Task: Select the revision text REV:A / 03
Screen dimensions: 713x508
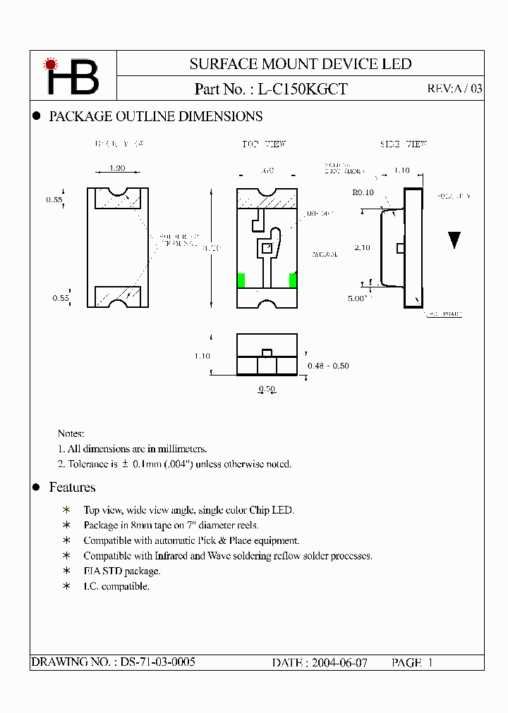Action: [455, 89]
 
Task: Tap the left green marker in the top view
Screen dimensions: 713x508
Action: [241, 280]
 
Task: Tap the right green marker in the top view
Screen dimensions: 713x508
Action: [293, 280]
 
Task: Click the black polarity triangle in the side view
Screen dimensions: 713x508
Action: [454, 240]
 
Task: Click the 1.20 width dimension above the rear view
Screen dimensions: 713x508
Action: [118, 169]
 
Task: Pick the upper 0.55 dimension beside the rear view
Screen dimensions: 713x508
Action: [54, 200]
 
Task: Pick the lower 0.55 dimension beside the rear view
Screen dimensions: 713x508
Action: [60, 298]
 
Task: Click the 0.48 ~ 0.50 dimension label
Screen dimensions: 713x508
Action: [328, 366]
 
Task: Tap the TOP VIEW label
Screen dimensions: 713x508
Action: [264, 144]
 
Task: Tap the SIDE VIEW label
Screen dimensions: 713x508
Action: [404, 144]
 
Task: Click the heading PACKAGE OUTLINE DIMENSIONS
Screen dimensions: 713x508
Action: [155, 117]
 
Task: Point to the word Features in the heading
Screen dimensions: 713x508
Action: [72, 488]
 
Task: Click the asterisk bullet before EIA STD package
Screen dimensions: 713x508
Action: [67, 571]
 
